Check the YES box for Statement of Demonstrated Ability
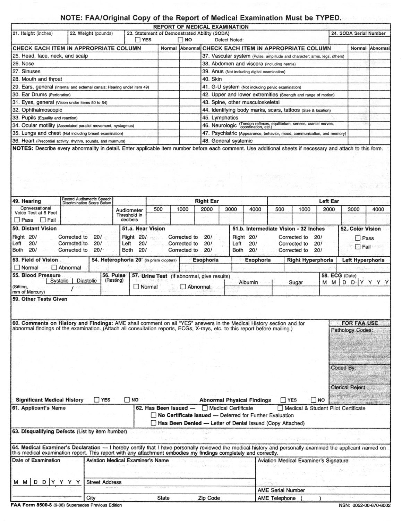[138, 40]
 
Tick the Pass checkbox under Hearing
[17, 220]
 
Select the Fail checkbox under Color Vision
[358, 247]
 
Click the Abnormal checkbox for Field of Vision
[54, 267]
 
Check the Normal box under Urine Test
[136, 287]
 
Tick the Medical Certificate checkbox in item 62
[205, 408]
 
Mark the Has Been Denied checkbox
[153, 423]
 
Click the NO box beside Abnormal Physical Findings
[314, 400]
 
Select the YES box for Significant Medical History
[97, 400]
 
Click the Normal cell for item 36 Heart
[169, 141]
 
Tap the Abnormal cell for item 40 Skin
[379, 79]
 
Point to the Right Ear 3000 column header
[231, 209]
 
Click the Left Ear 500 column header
[280, 209]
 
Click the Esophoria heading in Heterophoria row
[205, 260]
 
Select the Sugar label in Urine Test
[296, 282]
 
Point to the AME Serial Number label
[281, 490]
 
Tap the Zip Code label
[209, 498]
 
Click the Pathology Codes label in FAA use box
[352, 330]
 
